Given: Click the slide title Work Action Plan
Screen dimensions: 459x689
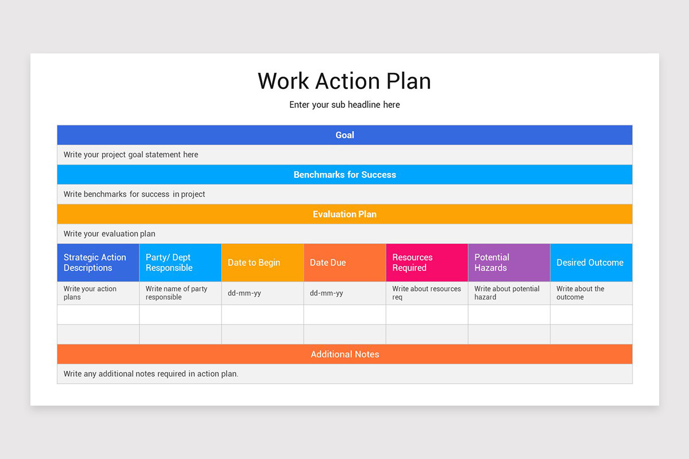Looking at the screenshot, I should point(344,81).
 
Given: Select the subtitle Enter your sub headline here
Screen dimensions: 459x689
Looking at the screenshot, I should point(344,104).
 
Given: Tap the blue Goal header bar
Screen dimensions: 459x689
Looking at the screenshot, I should point(344,135).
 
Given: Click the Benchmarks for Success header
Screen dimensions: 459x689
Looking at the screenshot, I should point(344,174).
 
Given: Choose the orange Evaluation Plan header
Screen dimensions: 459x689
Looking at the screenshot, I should point(344,214).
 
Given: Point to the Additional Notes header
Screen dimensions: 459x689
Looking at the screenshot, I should point(344,354).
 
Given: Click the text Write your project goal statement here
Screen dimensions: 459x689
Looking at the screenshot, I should point(131,154).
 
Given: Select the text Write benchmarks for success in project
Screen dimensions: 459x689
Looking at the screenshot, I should point(134,194).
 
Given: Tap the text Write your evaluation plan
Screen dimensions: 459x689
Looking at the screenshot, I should point(110,234).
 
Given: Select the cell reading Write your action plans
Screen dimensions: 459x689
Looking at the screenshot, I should point(90,293).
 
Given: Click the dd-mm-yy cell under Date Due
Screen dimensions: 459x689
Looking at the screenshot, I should point(327,293).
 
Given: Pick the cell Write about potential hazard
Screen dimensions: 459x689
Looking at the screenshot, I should point(507,293).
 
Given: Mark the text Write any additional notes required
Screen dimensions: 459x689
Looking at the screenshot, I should point(151,374).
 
